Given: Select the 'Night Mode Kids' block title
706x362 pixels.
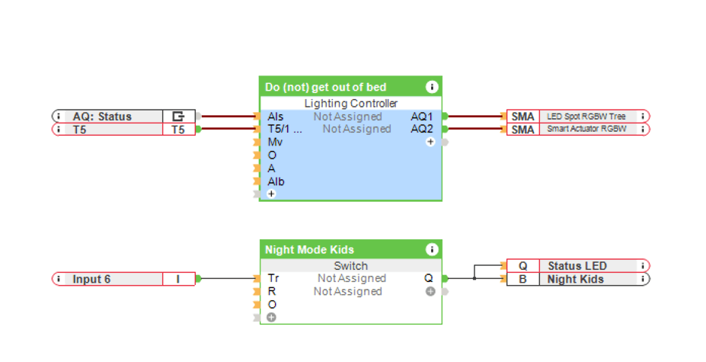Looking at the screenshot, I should pyautogui.click(x=309, y=250).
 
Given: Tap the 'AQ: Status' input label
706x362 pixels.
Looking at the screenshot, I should pyautogui.click(x=102, y=117).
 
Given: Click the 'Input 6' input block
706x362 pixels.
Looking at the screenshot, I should pyautogui.click(x=91, y=279).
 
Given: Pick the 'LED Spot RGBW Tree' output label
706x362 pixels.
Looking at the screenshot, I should pyautogui.click(x=586, y=117).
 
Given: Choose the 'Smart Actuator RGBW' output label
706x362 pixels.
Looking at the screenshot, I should pyautogui.click(x=586, y=130).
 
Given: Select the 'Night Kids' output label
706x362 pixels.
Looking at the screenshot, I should pyautogui.click(x=575, y=279).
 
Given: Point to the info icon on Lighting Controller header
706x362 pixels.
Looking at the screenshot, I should pyautogui.click(x=432, y=87).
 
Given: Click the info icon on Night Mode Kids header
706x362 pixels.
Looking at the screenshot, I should pyautogui.click(x=432, y=249).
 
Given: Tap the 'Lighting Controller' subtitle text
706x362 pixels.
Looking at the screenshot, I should pyautogui.click(x=350, y=104).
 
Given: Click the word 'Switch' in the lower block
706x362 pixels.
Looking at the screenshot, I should pyautogui.click(x=350, y=266).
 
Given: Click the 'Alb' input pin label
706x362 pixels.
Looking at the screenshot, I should pyautogui.click(x=276, y=181).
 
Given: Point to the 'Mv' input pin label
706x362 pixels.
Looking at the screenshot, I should pyautogui.click(x=274, y=143).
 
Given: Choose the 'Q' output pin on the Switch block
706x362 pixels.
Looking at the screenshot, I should pyautogui.click(x=429, y=279).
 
